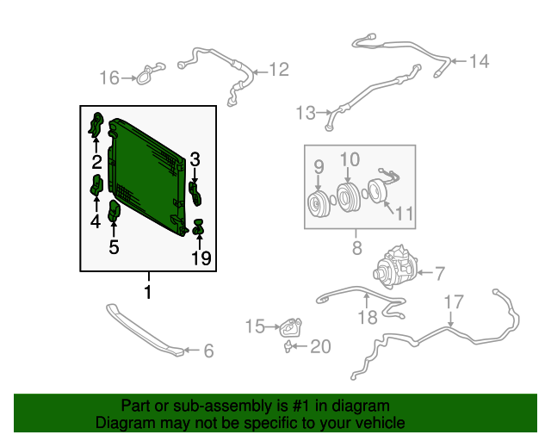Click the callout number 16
point(109,78)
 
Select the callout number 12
point(279,69)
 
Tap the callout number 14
point(480,61)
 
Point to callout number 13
point(306,113)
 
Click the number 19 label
point(201,258)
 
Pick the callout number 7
point(440,274)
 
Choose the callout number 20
point(320,347)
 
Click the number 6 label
point(208,351)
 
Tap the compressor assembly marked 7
point(395,266)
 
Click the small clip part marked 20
point(288,347)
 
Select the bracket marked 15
point(291,326)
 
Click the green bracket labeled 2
point(96,125)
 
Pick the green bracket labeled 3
point(195,193)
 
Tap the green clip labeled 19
point(199,227)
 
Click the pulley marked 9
point(319,203)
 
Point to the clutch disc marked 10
point(347,197)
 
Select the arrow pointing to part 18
point(367,301)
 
